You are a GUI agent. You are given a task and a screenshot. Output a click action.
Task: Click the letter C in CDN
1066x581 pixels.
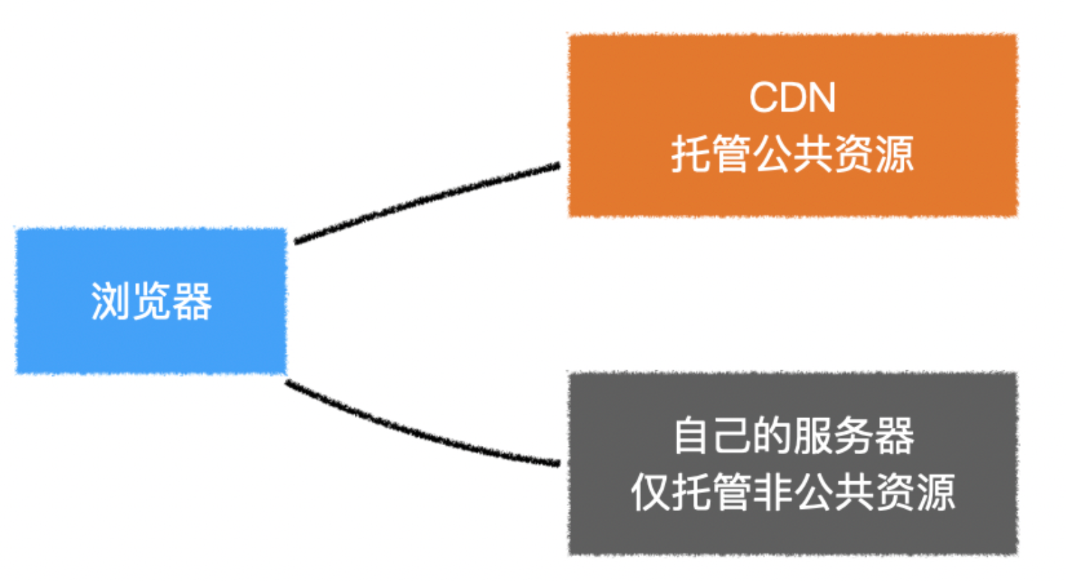point(763,98)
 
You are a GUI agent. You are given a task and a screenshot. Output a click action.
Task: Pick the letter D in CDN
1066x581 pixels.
point(792,98)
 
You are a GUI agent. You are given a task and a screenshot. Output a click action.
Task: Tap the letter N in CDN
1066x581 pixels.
point(821,98)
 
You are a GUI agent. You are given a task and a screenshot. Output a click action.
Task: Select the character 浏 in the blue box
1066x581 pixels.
point(111,301)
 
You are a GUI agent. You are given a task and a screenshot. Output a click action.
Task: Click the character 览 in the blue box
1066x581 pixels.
point(151,301)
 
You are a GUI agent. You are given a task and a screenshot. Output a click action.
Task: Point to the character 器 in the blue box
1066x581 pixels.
point(192,301)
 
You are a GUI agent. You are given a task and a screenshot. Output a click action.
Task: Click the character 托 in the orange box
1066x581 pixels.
point(691,154)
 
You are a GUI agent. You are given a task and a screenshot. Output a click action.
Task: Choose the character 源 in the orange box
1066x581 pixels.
point(894,154)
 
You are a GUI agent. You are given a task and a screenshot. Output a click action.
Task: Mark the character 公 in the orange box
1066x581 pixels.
point(772,154)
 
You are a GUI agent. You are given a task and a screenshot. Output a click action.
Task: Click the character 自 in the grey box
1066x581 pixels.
point(693,435)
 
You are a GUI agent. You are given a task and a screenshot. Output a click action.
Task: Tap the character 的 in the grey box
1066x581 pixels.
point(773,435)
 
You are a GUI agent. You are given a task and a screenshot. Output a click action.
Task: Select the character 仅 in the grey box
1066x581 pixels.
point(650,492)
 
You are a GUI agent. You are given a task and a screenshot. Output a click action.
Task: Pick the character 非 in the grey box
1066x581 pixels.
point(772,492)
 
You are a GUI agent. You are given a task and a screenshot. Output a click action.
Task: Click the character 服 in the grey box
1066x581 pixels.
point(814,435)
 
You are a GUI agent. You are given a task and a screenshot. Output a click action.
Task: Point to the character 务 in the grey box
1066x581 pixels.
point(854,435)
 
